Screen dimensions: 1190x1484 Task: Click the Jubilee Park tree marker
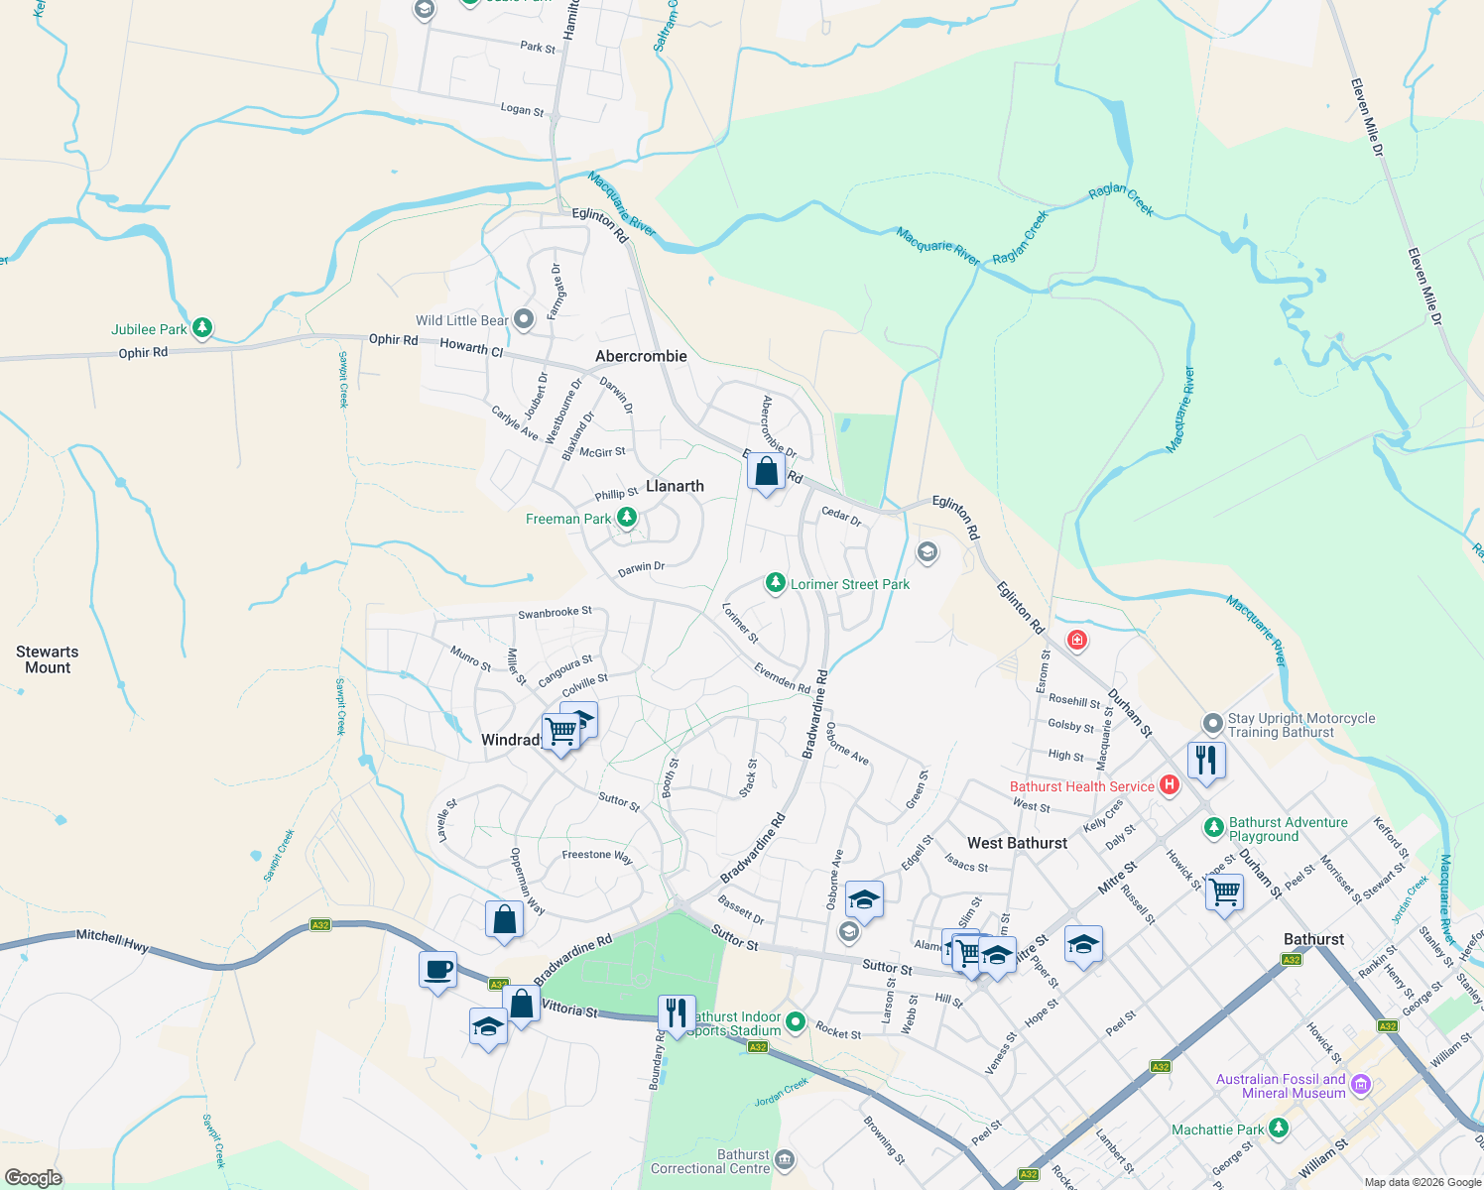(x=202, y=327)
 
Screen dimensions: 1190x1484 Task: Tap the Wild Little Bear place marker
(x=525, y=319)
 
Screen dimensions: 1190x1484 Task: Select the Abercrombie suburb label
(x=641, y=356)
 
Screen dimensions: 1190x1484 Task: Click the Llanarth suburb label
(x=675, y=486)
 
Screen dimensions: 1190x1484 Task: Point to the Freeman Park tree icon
(x=627, y=518)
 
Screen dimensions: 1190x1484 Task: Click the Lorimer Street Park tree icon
(x=776, y=583)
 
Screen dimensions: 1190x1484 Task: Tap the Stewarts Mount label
(x=48, y=659)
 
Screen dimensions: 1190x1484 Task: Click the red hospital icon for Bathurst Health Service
(x=1170, y=785)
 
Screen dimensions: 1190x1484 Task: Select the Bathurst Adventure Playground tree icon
(x=1213, y=827)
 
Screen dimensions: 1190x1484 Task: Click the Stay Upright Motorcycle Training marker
(x=1212, y=724)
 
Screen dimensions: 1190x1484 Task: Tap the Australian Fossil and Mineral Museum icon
(x=1360, y=1085)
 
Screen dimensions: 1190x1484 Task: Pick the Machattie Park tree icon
(x=1279, y=1129)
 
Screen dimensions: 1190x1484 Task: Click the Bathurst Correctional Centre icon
(x=785, y=1159)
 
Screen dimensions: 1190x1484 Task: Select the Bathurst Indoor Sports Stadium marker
(x=796, y=1021)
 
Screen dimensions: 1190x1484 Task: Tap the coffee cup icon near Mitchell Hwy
(x=437, y=970)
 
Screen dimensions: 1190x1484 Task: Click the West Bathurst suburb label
(x=1017, y=843)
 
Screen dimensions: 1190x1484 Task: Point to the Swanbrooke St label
(x=555, y=613)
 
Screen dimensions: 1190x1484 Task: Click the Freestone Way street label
(x=597, y=855)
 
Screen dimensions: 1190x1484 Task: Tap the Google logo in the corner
(x=34, y=1177)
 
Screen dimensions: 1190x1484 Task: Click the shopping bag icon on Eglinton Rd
(x=766, y=471)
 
